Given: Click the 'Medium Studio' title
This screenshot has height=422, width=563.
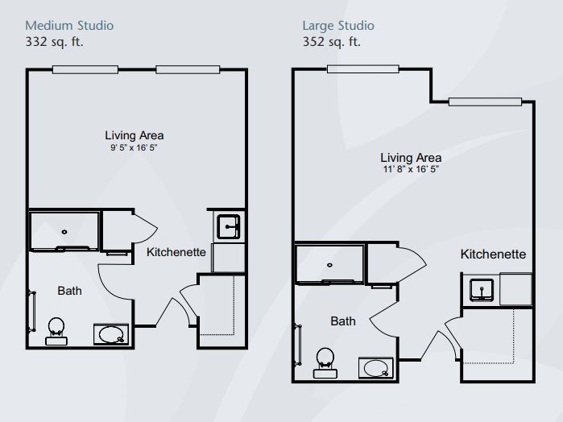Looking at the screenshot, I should (x=70, y=26).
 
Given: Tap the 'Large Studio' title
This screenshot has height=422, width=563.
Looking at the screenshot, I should (x=337, y=26).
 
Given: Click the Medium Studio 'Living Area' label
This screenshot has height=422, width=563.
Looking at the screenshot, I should (x=135, y=135).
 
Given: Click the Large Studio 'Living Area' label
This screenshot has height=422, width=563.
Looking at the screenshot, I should (x=411, y=158).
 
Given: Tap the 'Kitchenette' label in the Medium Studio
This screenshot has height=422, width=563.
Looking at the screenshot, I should (x=176, y=252).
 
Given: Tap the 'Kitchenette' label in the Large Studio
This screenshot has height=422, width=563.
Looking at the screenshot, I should (x=493, y=254).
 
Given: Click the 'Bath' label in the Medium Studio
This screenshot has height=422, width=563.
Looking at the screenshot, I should (x=69, y=291).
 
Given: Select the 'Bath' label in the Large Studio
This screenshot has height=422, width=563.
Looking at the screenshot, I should (x=343, y=321).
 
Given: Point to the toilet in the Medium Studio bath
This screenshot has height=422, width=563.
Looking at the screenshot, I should (x=56, y=329).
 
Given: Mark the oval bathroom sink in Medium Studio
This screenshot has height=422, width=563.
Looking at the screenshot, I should (x=110, y=333).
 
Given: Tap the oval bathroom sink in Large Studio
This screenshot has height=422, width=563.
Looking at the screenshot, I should (x=375, y=367).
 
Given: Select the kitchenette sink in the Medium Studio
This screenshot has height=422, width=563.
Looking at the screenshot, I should (x=229, y=225).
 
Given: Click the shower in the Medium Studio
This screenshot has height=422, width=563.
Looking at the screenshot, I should (x=64, y=231).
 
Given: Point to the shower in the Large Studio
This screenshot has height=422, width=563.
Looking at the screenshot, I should (x=330, y=265).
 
